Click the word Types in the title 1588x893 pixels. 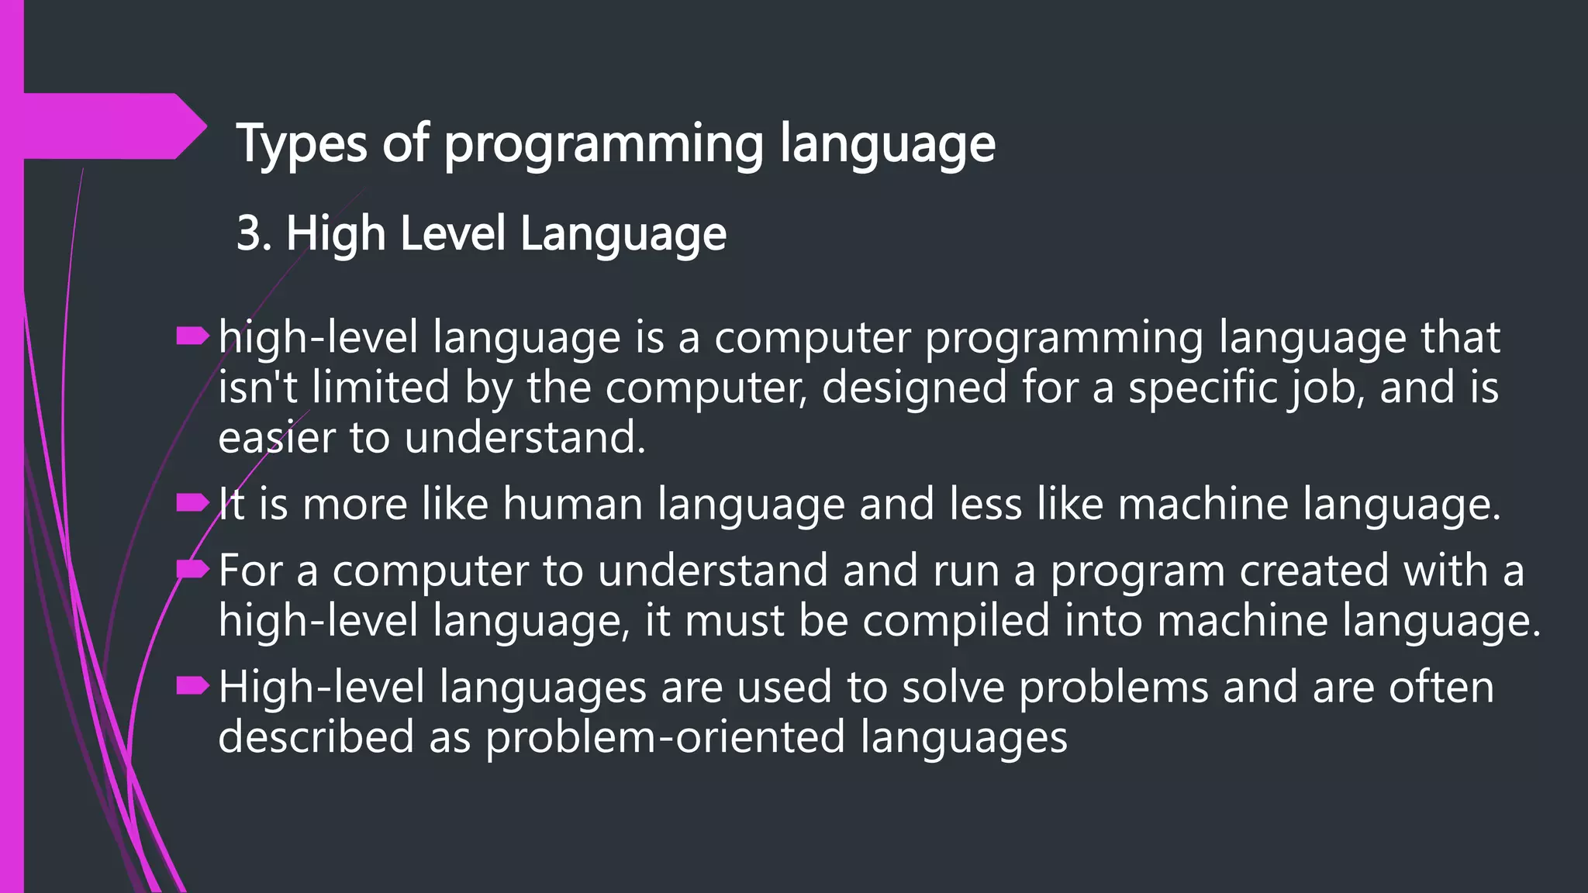coord(302,144)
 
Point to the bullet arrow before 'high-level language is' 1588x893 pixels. coord(192,336)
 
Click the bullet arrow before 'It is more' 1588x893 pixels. coord(192,504)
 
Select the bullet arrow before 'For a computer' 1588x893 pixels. coord(192,571)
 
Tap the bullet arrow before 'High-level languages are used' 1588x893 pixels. coord(192,686)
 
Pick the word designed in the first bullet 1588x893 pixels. coord(914,387)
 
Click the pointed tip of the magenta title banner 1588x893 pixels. coord(205,126)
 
